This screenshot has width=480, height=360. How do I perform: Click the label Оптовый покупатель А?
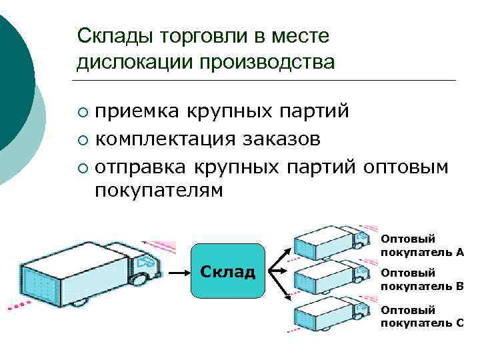[x=422, y=245]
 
